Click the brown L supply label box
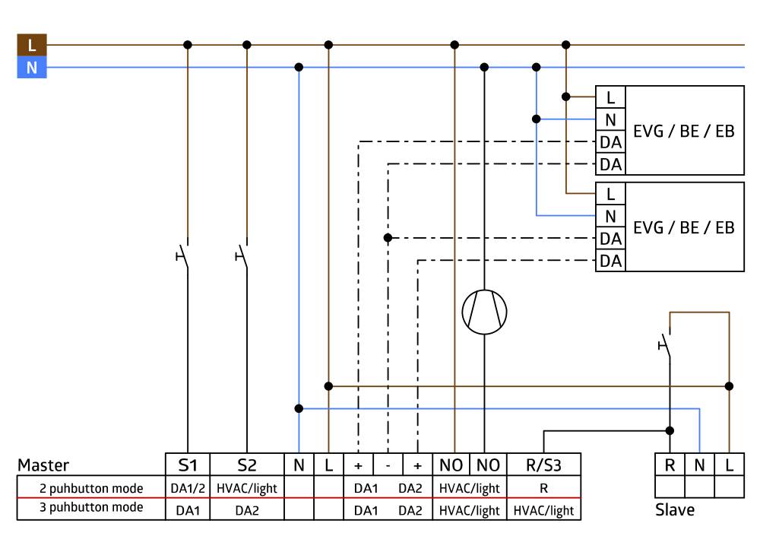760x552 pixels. click(x=31, y=45)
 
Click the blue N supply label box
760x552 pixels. click(x=31, y=68)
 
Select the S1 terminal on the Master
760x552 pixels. click(x=187, y=465)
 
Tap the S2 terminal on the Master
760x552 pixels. click(x=246, y=465)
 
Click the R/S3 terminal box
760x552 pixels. click(x=544, y=465)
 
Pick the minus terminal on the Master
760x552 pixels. click(x=388, y=465)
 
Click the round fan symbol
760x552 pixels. click(x=484, y=312)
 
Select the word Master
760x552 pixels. click(x=43, y=465)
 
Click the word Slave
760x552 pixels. click(x=675, y=510)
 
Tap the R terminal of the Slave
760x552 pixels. click(x=670, y=465)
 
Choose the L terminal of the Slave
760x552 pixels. click(x=729, y=465)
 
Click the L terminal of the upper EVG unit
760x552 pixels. click(x=610, y=97)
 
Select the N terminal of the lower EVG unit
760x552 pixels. click(x=610, y=216)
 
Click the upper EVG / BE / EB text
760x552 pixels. click(x=684, y=131)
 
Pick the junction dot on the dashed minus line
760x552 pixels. click(x=388, y=238)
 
